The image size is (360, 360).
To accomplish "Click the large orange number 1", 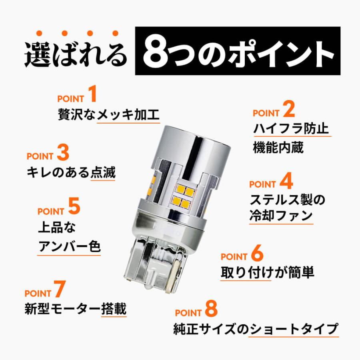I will [x=93, y=96].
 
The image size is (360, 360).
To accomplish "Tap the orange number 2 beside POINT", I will [x=288, y=109].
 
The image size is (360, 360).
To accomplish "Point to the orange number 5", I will [x=74, y=208].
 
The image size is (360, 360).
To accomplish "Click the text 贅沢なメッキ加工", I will [x=108, y=115].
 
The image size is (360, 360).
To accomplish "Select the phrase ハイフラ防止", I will [x=291, y=129].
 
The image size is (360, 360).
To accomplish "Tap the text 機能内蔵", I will [x=278, y=148].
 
